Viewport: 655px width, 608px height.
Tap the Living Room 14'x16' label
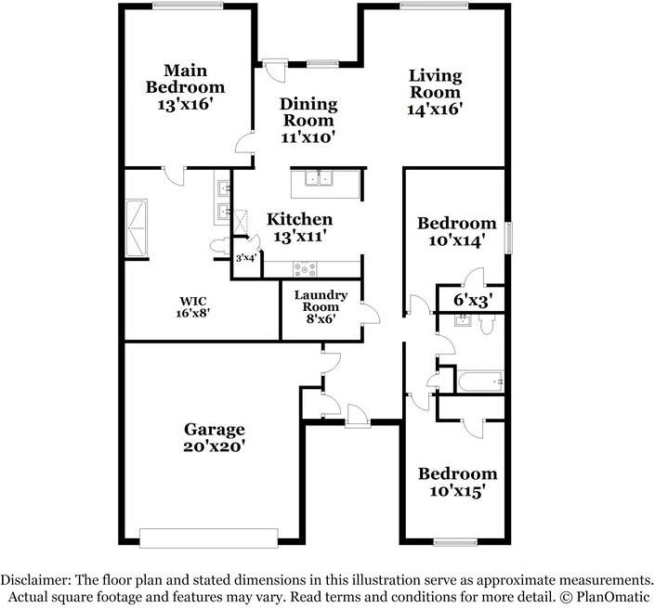pyautogui.click(x=436, y=92)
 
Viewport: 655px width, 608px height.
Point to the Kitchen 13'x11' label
pyautogui.click(x=300, y=227)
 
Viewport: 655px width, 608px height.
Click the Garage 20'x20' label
pyautogui.click(x=214, y=437)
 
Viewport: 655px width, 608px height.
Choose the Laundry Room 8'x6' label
pyautogui.click(x=321, y=306)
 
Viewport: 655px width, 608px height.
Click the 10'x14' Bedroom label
pyautogui.click(x=456, y=231)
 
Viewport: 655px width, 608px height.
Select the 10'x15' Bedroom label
pyautogui.click(x=456, y=481)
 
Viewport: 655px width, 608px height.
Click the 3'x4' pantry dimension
pyautogui.click(x=245, y=258)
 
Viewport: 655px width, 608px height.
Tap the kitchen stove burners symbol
pyautogui.click(x=305, y=268)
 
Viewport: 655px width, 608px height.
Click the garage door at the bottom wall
pyautogui.click(x=208, y=537)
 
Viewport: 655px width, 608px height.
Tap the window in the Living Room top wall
pyautogui.click(x=426, y=7)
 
